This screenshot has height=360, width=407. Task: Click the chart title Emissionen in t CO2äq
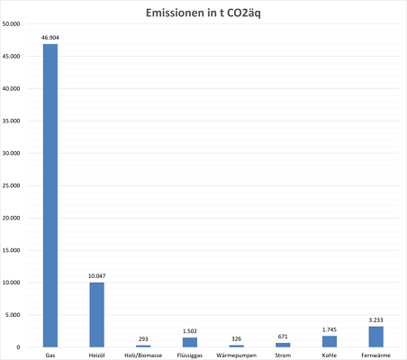point(203,13)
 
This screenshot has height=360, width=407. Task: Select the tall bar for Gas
point(50,195)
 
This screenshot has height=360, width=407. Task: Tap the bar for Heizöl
point(96,315)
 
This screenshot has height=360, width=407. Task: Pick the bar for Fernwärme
point(376,337)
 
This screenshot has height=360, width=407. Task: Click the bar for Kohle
point(330,341)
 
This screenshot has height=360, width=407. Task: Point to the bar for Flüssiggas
point(190,342)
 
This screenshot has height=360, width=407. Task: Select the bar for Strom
point(283,345)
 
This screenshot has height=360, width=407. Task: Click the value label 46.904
point(50,38)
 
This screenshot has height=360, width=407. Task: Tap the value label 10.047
point(96,275)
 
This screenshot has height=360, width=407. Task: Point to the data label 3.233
point(376,319)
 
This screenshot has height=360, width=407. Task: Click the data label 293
point(143,338)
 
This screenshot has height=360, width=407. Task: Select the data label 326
point(237,338)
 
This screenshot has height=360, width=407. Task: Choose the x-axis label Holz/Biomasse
point(143,355)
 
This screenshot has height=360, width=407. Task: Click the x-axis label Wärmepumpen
point(237,355)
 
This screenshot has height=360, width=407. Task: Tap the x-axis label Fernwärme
point(376,355)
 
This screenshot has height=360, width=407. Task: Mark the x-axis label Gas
point(50,355)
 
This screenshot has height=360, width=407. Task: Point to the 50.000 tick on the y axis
point(11,24)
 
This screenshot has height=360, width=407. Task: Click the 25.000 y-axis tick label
point(11,185)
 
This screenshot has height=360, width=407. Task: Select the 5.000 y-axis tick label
point(13,315)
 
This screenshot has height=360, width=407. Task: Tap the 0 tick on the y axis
point(18,347)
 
